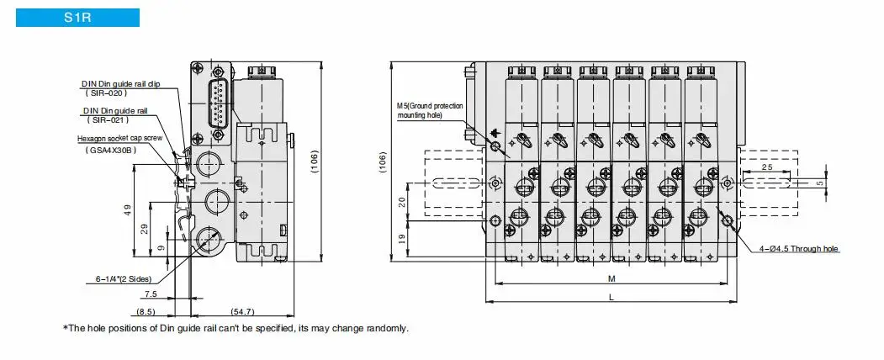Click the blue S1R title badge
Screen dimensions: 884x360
click(77, 18)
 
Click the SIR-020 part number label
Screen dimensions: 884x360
click(106, 93)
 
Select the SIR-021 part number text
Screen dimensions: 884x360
click(109, 119)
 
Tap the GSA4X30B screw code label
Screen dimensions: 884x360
click(112, 149)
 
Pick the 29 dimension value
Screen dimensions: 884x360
click(144, 229)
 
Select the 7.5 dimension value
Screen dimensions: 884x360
click(151, 294)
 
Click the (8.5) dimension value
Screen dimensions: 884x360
click(146, 311)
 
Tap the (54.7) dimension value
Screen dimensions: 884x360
click(243, 311)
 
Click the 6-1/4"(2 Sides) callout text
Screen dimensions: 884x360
click(123, 279)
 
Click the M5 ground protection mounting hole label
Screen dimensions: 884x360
click(430, 110)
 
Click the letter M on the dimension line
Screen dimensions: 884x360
click(611, 278)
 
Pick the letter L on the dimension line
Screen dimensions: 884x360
click(611, 297)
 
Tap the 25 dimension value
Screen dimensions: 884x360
click(767, 167)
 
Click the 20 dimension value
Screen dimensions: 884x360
click(402, 202)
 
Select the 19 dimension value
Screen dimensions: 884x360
click(402, 238)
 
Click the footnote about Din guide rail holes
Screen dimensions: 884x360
click(236, 328)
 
